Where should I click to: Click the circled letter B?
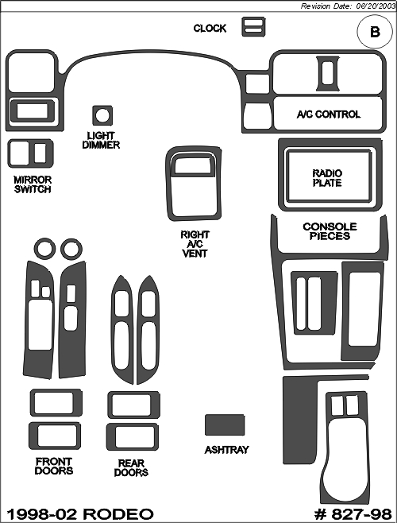coord(375,32)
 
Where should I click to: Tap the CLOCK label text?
coord(210,29)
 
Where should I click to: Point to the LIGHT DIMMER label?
coord(101,141)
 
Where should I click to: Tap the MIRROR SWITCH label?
coord(33,184)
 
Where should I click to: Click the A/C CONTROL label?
coord(329,114)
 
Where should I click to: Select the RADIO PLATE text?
coord(327,178)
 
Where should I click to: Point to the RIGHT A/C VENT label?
coord(195,244)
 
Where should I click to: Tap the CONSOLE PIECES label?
coord(330,231)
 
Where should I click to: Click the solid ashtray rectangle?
coord(225,425)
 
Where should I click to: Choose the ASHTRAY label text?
coord(226,450)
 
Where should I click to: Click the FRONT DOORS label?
coord(54,466)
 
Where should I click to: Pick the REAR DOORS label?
coord(131,467)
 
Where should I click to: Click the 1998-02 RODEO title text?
coord(80,514)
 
